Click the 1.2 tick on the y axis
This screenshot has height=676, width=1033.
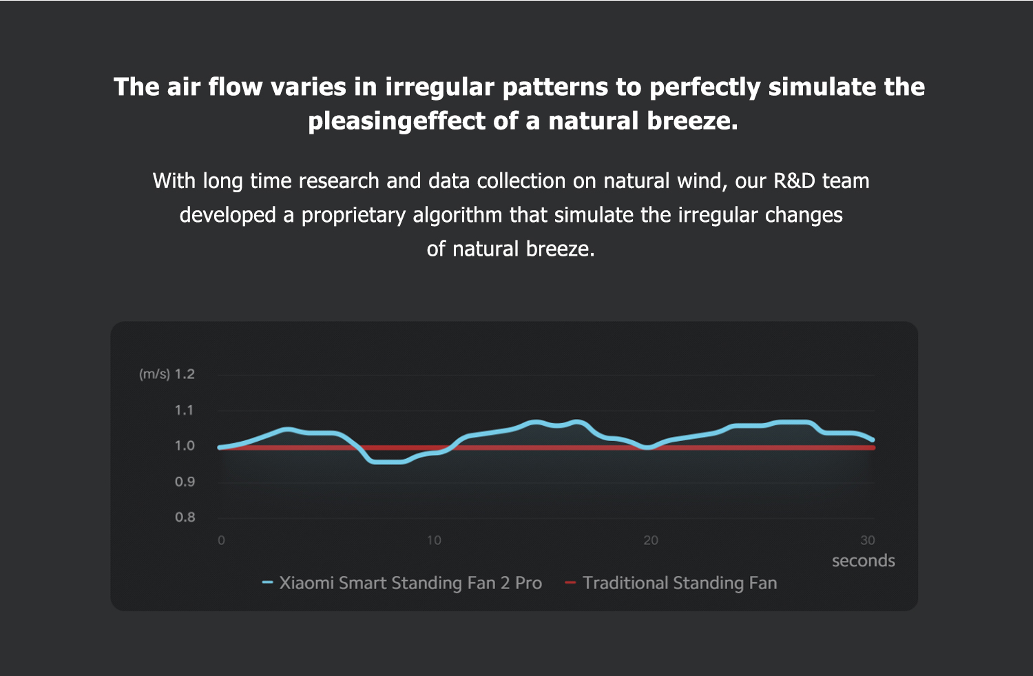click(x=185, y=374)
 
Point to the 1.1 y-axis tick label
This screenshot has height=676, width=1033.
click(x=185, y=410)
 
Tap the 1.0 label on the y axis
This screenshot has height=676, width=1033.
click(x=185, y=446)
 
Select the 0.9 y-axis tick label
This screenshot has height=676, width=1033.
click(x=185, y=482)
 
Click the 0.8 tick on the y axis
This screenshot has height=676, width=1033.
click(x=185, y=517)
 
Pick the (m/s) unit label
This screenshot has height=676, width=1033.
click(x=154, y=374)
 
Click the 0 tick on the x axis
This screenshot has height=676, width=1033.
click(x=221, y=540)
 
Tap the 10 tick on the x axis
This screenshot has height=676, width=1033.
click(x=434, y=540)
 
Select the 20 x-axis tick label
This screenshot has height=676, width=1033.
click(x=651, y=540)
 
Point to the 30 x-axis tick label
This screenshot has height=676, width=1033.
click(x=868, y=540)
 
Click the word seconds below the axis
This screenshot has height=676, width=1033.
click(x=864, y=561)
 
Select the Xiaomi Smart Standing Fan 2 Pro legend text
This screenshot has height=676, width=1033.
click(x=410, y=583)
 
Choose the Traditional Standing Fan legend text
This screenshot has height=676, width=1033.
click(x=680, y=583)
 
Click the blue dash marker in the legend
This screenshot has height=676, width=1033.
click(x=268, y=583)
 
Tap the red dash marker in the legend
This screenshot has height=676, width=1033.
click(x=570, y=583)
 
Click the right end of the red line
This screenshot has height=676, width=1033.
click(x=873, y=448)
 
